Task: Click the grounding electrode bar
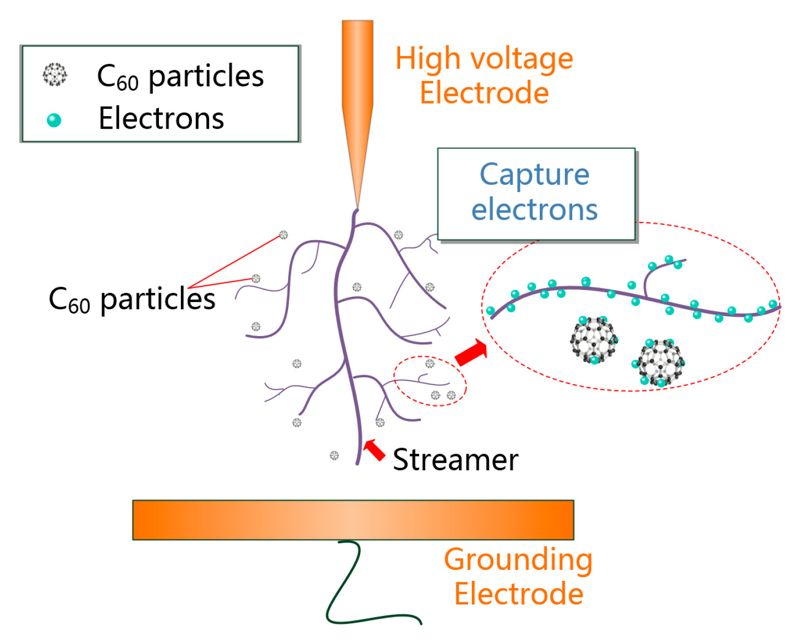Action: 353,520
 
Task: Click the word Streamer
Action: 455,460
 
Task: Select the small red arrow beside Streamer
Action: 374,450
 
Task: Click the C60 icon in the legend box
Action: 54,75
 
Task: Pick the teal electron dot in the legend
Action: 54,120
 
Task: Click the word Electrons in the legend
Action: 161,118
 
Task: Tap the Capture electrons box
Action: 536,194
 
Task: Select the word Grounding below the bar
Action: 518,560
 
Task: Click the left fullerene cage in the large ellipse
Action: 594,339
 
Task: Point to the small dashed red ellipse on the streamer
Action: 429,381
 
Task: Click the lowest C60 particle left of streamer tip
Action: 334,456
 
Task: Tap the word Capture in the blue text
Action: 535,175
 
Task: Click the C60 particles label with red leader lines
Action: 132,300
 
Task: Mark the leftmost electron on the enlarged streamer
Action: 491,311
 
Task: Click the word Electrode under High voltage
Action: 484,93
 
